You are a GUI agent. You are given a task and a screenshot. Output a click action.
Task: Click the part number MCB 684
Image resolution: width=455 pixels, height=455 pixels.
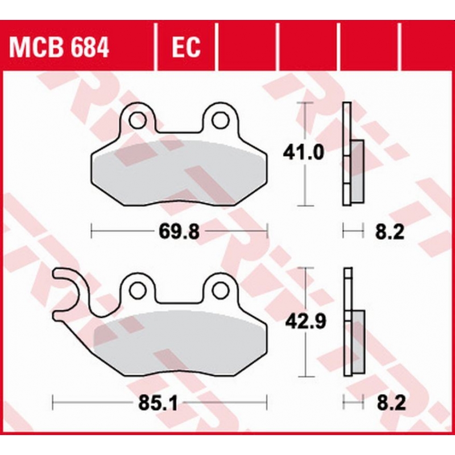click(x=59, y=47)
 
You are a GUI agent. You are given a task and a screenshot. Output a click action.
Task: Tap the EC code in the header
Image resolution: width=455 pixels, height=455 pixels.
click(x=186, y=47)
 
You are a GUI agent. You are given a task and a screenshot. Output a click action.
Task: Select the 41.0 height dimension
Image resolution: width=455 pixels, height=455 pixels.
click(x=303, y=152)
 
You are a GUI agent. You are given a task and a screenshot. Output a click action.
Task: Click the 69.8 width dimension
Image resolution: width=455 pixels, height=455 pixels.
click(x=179, y=232)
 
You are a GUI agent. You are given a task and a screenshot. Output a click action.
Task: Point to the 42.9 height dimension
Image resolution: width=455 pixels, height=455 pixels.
click(x=306, y=321)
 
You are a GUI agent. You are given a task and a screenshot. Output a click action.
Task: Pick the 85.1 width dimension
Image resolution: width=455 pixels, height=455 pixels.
click(x=158, y=403)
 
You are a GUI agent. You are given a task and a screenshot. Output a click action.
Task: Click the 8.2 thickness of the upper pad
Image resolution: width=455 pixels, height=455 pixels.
click(x=390, y=232)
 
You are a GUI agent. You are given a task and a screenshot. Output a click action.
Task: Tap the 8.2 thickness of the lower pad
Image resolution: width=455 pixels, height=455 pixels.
click(x=391, y=403)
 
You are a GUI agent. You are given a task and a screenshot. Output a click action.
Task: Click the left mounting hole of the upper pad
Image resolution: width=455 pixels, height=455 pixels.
click(x=138, y=120)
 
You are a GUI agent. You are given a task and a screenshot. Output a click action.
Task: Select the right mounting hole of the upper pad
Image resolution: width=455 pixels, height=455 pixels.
click(x=220, y=120)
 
